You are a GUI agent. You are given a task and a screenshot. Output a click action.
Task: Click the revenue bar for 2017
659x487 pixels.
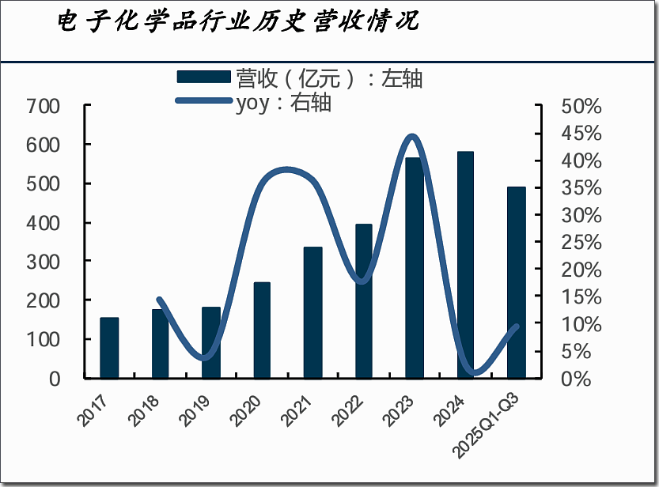[x=109, y=348]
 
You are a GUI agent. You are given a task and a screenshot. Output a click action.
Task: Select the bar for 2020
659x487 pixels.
[x=262, y=330]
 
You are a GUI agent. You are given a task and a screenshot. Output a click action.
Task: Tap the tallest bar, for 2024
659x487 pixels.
[x=466, y=265]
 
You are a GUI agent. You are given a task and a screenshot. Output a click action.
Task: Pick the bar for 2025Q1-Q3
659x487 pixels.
[x=517, y=282]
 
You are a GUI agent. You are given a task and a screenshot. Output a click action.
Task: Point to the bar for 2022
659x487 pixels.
[x=364, y=301]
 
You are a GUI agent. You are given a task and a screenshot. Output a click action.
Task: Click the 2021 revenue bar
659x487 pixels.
[x=313, y=312]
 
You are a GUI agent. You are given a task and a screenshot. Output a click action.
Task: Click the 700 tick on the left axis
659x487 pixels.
[x=44, y=106]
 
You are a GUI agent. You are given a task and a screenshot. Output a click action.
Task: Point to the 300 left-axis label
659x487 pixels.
[x=44, y=261]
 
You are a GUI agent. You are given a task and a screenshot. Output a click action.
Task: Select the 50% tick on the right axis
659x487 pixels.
[x=581, y=106]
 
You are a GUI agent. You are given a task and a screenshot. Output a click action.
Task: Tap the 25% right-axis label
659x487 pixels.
[x=581, y=242]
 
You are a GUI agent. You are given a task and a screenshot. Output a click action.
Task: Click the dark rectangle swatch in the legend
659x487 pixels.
[x=204, y=77]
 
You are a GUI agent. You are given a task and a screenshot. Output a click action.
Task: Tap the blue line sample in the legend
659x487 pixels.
[x=204, y=101]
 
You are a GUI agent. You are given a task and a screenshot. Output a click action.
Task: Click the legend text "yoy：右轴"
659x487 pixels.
[x=283, y=103]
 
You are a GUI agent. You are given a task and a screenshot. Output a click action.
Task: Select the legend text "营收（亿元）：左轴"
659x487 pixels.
[x=329, y=77]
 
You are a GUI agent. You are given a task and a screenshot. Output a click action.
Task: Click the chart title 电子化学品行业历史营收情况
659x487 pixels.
[x=237, y=21]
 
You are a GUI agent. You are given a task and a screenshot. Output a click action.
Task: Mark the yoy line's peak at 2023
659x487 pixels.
[x=412, y=137]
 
